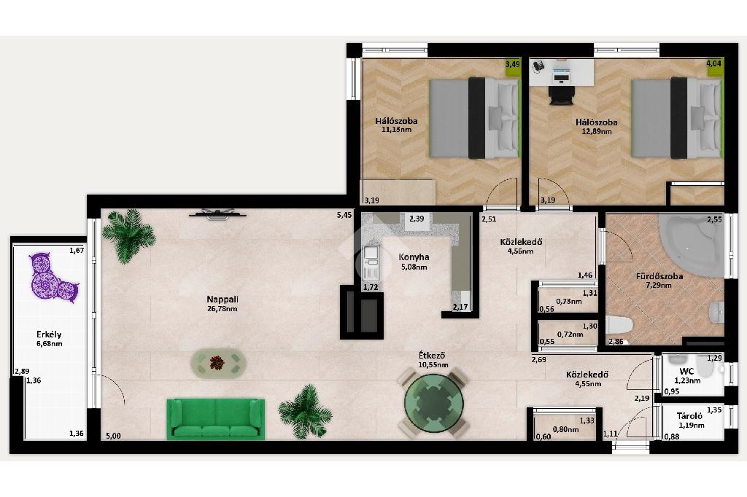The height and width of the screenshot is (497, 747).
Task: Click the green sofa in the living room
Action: coord(216,419)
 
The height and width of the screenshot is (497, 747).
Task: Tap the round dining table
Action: coord(433,403)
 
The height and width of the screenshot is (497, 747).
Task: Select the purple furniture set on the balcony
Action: coord(53,278)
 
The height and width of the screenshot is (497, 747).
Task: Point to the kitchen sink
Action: coord(370,262)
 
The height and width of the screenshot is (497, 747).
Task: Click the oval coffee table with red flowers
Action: coord(219,364)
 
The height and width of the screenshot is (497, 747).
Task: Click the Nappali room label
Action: coord(222,300)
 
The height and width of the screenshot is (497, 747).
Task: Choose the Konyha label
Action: coord(414,257)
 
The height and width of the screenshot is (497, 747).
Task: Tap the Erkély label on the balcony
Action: coord(49,334)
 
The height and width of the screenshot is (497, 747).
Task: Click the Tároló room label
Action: coord(690,416)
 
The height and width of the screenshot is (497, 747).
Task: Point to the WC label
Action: coord(686,372)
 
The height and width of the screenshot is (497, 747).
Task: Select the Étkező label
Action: coord(432,356)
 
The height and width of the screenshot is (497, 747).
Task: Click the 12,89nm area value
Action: coord(597,131)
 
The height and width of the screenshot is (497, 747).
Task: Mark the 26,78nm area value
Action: coord(222,308)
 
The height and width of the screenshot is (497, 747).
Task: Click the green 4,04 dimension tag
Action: coord(714,63)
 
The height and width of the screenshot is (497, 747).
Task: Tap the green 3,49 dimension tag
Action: coord(513,64)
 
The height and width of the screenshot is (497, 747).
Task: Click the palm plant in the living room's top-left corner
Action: coord(128,235)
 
